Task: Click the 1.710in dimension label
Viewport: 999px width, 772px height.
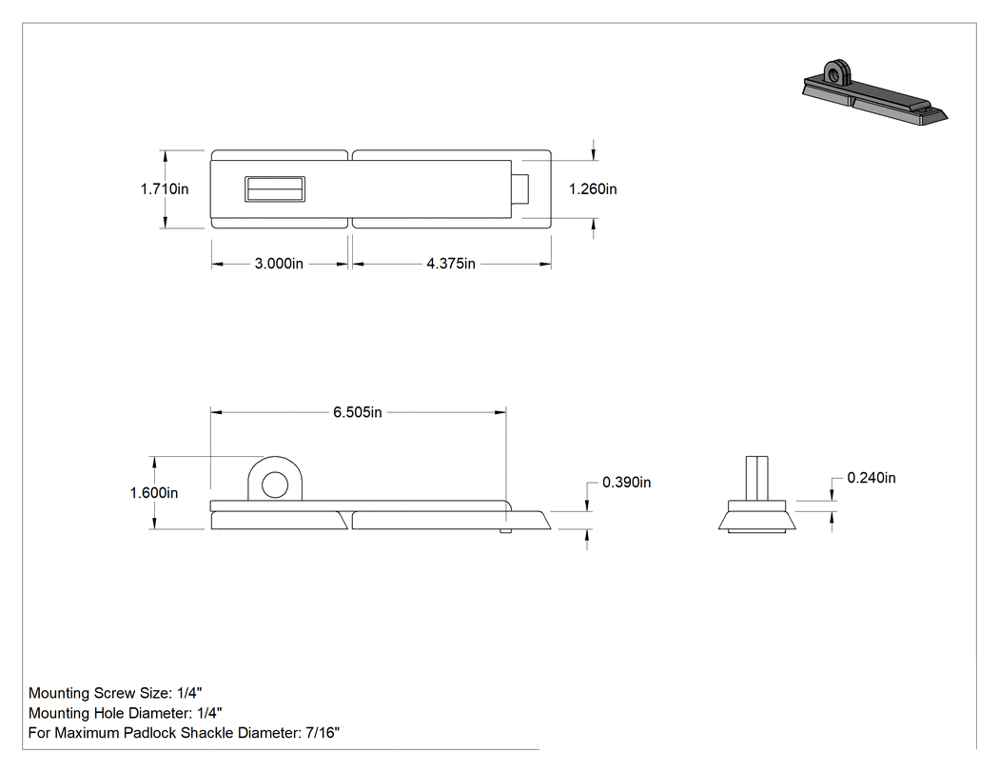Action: click(x=165, y=188)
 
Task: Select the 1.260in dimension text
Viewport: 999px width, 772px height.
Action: click(x=593, y=188)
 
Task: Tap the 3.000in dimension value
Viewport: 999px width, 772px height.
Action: click(x=279, y=264)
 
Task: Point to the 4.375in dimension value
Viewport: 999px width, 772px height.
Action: click(x=451, y=264)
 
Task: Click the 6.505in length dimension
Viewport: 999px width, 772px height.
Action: click(x=358, y=412)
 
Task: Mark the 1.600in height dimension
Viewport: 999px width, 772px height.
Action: click(x=154, y=493)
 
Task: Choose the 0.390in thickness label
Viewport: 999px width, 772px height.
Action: click(x=627, y=482)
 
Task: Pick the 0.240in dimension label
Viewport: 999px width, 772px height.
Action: click(x=872, y=478)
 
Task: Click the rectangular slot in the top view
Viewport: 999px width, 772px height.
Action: click(x=275, y=188)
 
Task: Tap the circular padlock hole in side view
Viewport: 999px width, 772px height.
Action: click(x=275, y=485)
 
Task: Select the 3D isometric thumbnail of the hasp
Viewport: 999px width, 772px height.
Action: click(x=874, y=94)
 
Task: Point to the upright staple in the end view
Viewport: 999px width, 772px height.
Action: click(x=757, y=478)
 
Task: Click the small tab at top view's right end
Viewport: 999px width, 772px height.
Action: click(x=520, y=188)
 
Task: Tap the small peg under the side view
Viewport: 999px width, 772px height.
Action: click(x=504, y=531)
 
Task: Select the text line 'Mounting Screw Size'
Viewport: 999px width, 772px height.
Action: click(x=115, y=693)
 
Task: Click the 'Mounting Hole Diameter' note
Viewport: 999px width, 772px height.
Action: click(x=126, y=713)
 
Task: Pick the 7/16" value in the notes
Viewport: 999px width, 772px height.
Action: click(x=323, y=732)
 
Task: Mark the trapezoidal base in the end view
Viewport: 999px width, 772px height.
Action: click(x=757, y=520)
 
